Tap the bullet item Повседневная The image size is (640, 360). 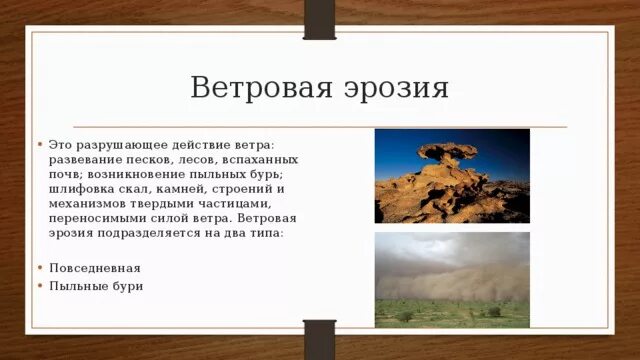pyautogui.click(x=94, y=268)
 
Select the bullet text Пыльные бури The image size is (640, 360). pyautogui.click(x=96, y=286)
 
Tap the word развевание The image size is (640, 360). pyautogui.click(x=80, y=159)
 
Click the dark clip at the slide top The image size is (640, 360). pyautogui.click(x=319, y=19)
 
